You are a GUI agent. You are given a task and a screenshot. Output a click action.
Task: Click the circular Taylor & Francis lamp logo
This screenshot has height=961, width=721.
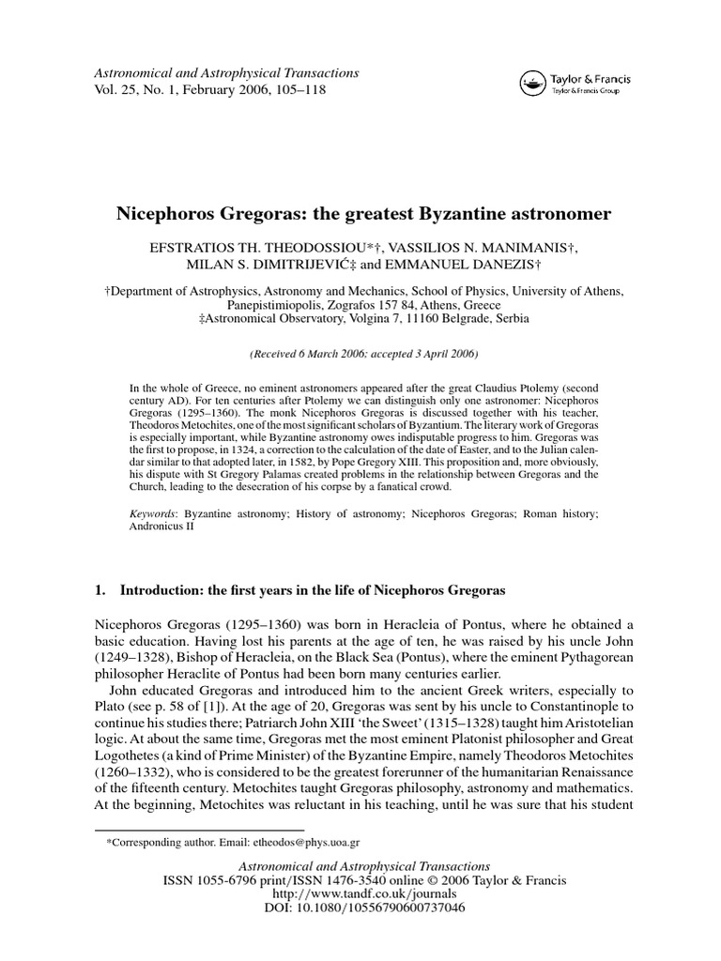(533, 84)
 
